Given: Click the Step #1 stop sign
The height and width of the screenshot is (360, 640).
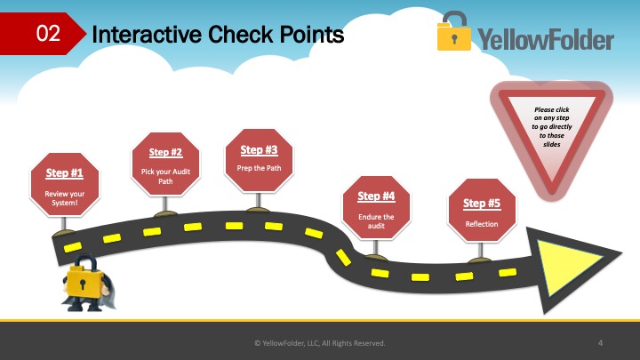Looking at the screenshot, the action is pyautogui.click(x=65, y=185).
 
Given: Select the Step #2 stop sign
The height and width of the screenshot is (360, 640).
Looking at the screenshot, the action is pyautogui.click(x=165, y=164).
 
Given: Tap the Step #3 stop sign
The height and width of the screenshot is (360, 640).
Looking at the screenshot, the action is pyautogui.click(x=259, y=160).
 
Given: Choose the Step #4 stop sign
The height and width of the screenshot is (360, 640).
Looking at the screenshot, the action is pyautogui.click(x=376, y=208).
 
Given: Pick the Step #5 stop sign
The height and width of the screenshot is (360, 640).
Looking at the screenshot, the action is pyautogui.click(x=482, y=210).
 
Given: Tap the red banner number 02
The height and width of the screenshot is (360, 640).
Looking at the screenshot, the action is pyautogui.click(x=48, y=33).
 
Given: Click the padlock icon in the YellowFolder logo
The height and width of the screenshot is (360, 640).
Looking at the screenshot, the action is pyautogui.click(x=454, y=31).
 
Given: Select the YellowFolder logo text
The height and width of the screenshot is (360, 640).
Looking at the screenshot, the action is pyautogui.click(x=546, y=39).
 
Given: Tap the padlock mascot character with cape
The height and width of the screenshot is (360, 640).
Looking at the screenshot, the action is pyautogui.click(x=86, y=283).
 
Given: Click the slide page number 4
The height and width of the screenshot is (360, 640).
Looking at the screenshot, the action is pyautogui.click(x=600, y=343).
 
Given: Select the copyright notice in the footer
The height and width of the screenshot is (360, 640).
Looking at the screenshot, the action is pyautogui.click(x=320, y=343).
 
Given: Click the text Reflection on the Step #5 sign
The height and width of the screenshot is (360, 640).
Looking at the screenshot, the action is pyautogui.click(x=482, y=224).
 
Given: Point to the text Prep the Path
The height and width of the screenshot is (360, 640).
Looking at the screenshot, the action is pyautogui.click(x=259, y=168).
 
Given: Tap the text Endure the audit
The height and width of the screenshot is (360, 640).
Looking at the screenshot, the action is pyautogui.click(x=376, y=221).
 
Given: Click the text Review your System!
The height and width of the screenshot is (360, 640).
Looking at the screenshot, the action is pyautogui.click(x=65, y=198).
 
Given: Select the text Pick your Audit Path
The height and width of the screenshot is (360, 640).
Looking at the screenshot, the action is pyautogui.click(x=165, y=176).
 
